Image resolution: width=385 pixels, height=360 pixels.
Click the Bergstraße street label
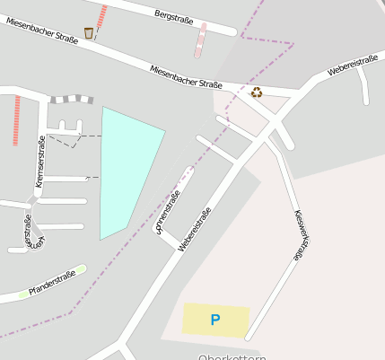pyautogui.click(x=174, y=15)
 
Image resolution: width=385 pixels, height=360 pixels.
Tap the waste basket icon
pyautogui.click(x=88, y=33)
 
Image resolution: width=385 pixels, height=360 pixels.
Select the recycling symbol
pyautogui.click(x=257, y=92)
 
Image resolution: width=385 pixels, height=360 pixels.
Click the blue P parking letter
pyautogui.click(x=214, y=319)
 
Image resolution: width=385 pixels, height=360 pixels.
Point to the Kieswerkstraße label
pyautogui.click(x=302, y=235)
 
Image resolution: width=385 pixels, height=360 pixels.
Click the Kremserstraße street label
pyautogui.click(x=39, y=161)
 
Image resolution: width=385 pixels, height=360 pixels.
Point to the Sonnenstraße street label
pyautogui.click(x=168, y=212)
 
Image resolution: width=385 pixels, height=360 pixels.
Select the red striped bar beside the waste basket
pyautogui.click(x=101, y=18)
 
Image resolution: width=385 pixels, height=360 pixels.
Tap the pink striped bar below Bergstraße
pyautogui.click(x=200, y=40)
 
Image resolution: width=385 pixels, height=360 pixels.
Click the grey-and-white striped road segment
pyautogui.click(x=72, y=99)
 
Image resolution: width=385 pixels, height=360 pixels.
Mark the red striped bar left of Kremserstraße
pyautogui.click(x=16, y=120)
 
